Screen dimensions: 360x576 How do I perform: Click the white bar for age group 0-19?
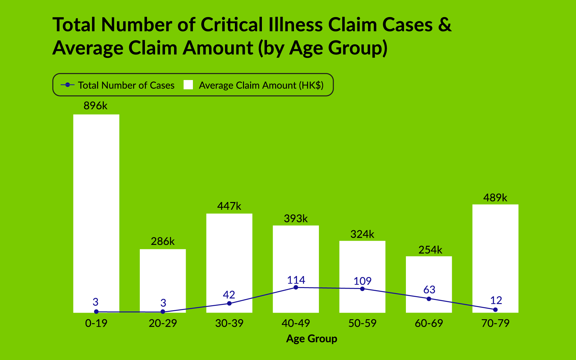tap(96, 210)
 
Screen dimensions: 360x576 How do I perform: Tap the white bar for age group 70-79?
tap(495, 255)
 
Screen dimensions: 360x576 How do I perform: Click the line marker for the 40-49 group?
tap(296, 287)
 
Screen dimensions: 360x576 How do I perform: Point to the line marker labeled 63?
tap(429, 299)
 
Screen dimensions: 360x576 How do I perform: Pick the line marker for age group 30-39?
tap(229, 303)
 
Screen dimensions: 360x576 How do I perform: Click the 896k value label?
tap(95, 106)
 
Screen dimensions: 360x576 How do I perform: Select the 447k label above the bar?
tap(229, 206)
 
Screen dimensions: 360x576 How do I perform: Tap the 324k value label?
tap(362, 234)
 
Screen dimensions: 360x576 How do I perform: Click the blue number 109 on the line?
tap(362, 281)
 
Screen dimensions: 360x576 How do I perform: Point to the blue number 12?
tap(496, 300)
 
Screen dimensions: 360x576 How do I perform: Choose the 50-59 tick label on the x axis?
tap(362, 323)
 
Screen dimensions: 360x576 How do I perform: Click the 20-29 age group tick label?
tap(163, 323)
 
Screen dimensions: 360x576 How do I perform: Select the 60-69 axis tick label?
tap(429, 323)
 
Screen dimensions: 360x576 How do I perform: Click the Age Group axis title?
tap(311, 339)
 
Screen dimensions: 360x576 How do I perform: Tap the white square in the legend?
tap(188, 85)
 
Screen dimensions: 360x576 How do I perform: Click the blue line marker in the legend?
tap(67, 85)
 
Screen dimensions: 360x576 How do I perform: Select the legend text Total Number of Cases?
tap(126, 85)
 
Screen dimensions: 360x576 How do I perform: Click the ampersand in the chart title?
tap(445, 25)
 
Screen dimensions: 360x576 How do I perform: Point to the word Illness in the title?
tap(295, 25)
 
